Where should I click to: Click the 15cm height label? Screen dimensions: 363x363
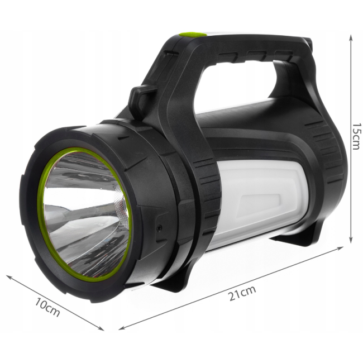pos(355,136)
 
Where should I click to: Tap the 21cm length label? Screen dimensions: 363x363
pos(242,293)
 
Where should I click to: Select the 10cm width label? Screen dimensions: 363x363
pos(47,307)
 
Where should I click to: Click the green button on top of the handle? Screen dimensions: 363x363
pos(193,35)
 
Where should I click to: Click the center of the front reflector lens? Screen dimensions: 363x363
pos(85,211)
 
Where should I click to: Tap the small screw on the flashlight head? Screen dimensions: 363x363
pos(159,228)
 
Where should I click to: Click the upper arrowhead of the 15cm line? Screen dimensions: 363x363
pos(351,37)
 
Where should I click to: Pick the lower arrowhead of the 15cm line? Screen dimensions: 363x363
pos(351,240)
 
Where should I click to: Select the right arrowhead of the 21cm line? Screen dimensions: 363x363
pos(340,248)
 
